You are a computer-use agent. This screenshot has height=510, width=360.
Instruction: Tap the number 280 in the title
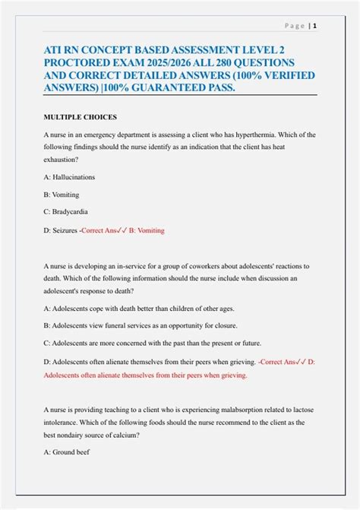coord(206,62)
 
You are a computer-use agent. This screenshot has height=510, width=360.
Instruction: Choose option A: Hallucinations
coord(73,176)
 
